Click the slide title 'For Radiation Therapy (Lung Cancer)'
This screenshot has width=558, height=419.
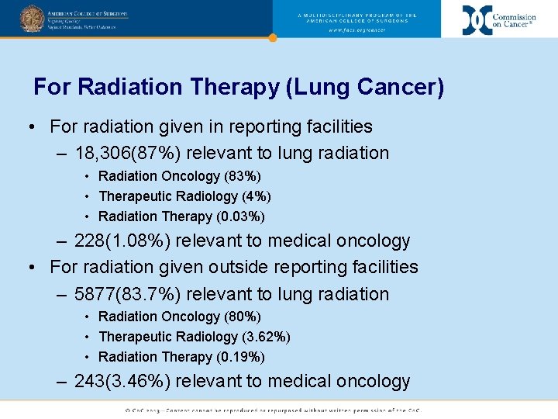pyautogui.click(x=239, y=87)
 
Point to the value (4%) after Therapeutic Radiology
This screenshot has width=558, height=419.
pyautogui.click(x=257, y=196)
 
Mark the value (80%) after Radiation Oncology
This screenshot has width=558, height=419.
pyautogui.click(x=243, y=317)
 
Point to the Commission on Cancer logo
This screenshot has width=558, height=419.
pyautogui.click(x=498, y=19)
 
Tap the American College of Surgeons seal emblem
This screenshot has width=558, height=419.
pyautogui.click(x=32, y=19)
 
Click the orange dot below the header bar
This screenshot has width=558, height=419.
pyautogui.click(x=272, y=37)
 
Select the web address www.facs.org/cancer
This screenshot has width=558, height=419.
pyautogui.click(x=356, y=30)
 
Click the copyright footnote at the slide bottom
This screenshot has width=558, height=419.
pyautogui.click(x=279, y=410)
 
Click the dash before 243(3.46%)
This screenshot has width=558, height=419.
pyautogui.click(x=63, y=381)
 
